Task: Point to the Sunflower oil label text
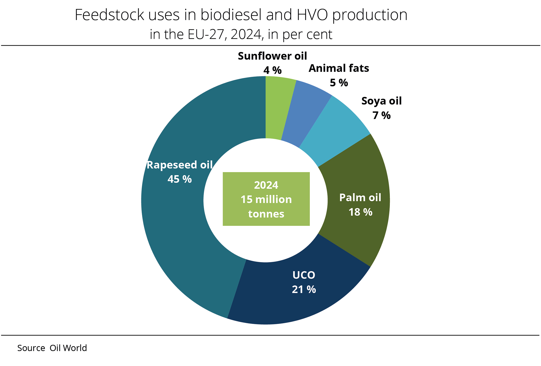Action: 272,56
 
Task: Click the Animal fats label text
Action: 339,68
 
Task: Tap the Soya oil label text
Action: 381,101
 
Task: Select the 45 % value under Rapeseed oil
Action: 180,179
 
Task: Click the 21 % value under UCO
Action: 304,290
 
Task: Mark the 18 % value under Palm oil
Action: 360,212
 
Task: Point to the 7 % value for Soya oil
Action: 381,116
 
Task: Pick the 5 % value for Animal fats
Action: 339,83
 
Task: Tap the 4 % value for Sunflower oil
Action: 272,70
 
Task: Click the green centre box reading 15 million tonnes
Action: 266,199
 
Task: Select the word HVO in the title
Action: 312,15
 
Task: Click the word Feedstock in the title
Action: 109,15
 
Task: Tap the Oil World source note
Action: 68,348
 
